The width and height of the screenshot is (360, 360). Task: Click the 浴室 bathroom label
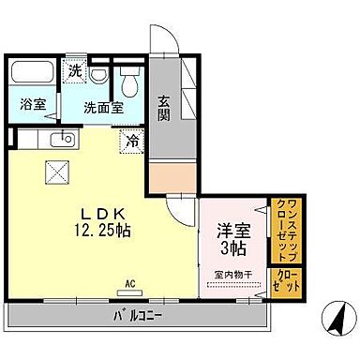point(34,105)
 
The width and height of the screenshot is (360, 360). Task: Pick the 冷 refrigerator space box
point(132,141)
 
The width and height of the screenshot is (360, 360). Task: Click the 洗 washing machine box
point(73,70)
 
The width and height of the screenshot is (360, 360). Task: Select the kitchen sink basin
point(64,141)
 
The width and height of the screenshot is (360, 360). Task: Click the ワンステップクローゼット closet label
point(284,229)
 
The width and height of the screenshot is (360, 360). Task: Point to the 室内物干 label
point(232,274)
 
